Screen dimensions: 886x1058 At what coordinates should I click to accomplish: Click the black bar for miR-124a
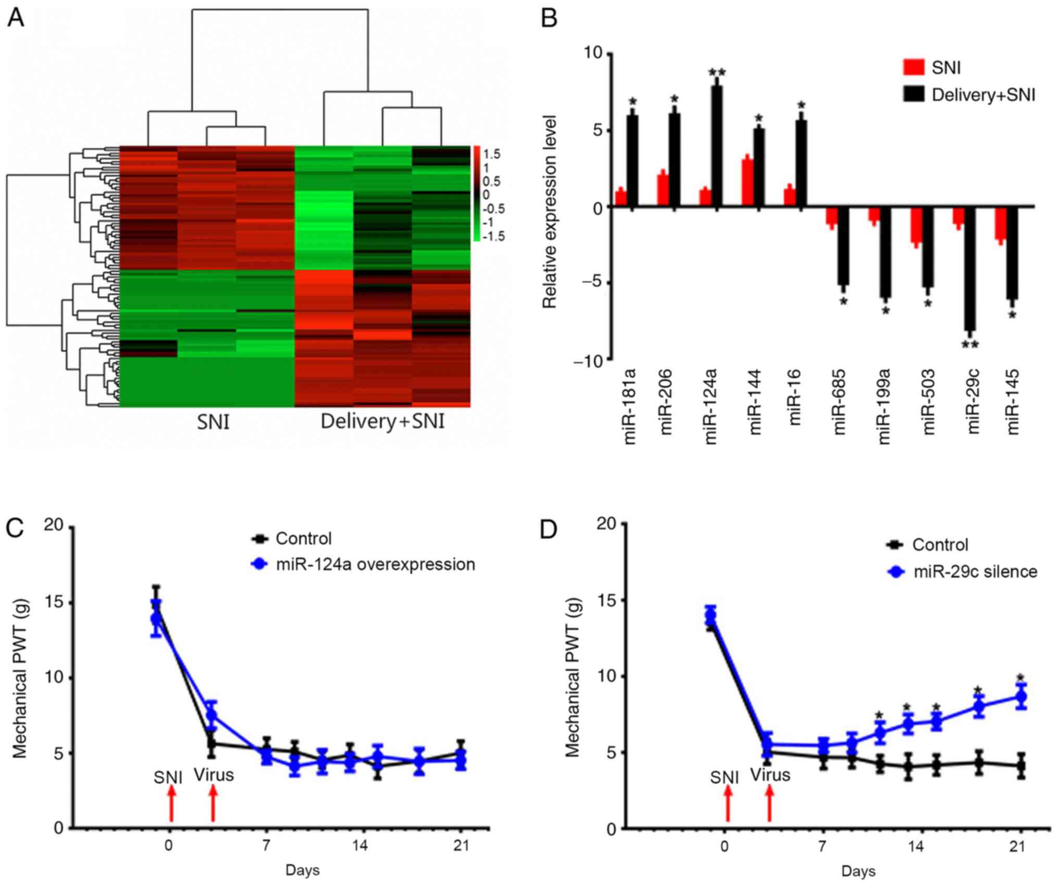click(x=717, y=146)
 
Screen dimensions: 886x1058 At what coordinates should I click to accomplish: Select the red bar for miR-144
click(x=747, y=183)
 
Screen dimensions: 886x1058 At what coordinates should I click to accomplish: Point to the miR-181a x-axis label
click(x=630, y=406)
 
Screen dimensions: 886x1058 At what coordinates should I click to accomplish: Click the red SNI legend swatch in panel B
click(x=913, y=68)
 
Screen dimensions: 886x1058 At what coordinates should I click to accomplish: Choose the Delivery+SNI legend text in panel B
click(x=983, y=95)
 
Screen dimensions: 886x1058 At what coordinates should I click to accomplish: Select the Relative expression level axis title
click(x=550, y=211)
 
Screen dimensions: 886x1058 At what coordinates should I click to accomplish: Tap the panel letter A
click(x=16, y=19)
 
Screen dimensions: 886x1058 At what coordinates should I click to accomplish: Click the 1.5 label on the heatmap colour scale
click(x=491, y=154)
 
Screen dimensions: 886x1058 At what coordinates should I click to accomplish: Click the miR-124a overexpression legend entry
click(x=375, y=564)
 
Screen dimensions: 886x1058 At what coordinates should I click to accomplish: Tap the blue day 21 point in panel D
click(x=1021, y=697)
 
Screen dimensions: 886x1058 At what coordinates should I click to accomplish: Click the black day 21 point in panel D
click(x=1021, y=766)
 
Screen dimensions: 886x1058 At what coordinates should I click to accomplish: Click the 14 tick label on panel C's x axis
click(x=359, y=845)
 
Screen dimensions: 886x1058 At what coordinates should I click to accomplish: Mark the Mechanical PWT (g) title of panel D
click(x=572, y=677)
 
